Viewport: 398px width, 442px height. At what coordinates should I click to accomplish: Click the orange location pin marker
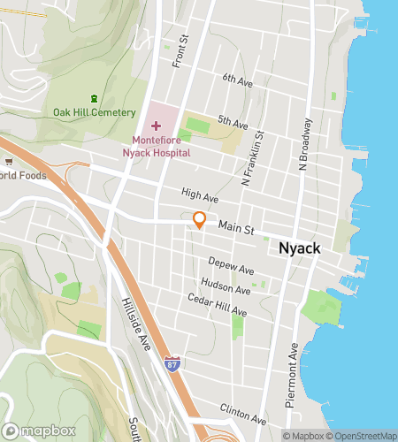point(200,221)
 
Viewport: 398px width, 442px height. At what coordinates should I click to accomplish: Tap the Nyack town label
point(299,248)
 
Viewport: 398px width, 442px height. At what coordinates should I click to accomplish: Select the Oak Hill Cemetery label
point(94,112)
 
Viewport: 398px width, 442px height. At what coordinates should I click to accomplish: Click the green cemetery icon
point(95,97)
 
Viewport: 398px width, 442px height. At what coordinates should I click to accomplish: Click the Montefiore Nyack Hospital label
point(162,146)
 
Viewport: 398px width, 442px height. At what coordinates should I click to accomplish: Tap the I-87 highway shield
point(172,363)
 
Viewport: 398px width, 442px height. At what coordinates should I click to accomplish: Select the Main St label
point(237,229)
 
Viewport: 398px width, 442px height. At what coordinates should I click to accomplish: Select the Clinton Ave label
point(242,415)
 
